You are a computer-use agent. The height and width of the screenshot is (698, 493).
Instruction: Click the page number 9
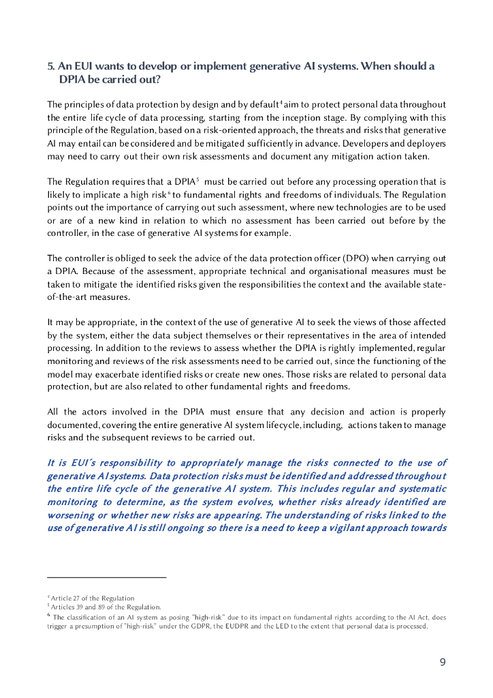point(443,662)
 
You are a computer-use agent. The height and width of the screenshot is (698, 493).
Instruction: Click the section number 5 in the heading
point(50,67)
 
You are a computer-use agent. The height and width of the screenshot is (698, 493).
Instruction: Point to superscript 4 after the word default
point(281,102)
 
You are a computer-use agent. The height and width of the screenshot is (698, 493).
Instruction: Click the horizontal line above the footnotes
point(106,578)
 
